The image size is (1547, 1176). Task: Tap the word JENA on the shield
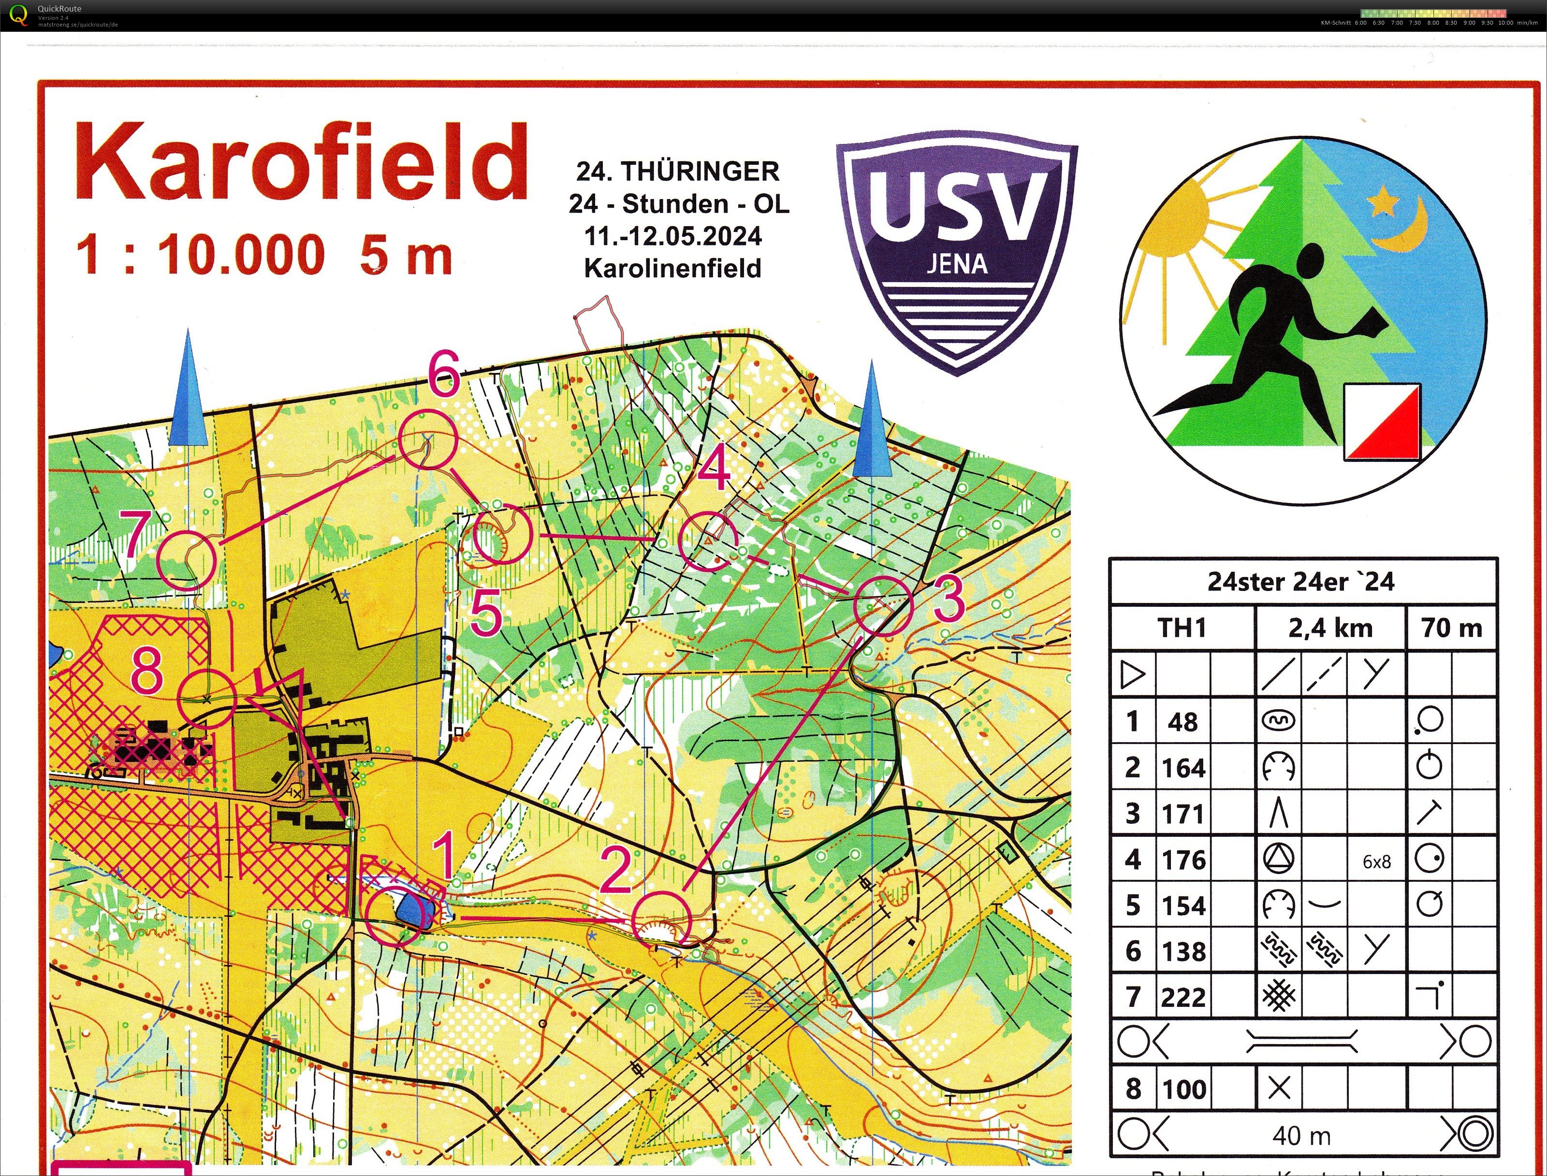tap(957, 264)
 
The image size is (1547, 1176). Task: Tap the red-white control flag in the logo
tap(1382, 422)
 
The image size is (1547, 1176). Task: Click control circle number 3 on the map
tap(884, 606)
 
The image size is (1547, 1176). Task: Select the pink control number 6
tap(444, 374)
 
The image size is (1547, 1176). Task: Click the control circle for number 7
tap(186, 560)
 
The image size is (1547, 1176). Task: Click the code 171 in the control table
tap(1183, 814)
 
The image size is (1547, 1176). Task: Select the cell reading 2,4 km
tap(1330, 628)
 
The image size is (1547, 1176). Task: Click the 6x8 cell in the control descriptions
tap(1376, 861)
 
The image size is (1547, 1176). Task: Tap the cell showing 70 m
tap(1451, 628)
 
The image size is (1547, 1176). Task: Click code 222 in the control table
tap(1183, 997)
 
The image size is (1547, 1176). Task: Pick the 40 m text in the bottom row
tap(1301, 1135)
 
